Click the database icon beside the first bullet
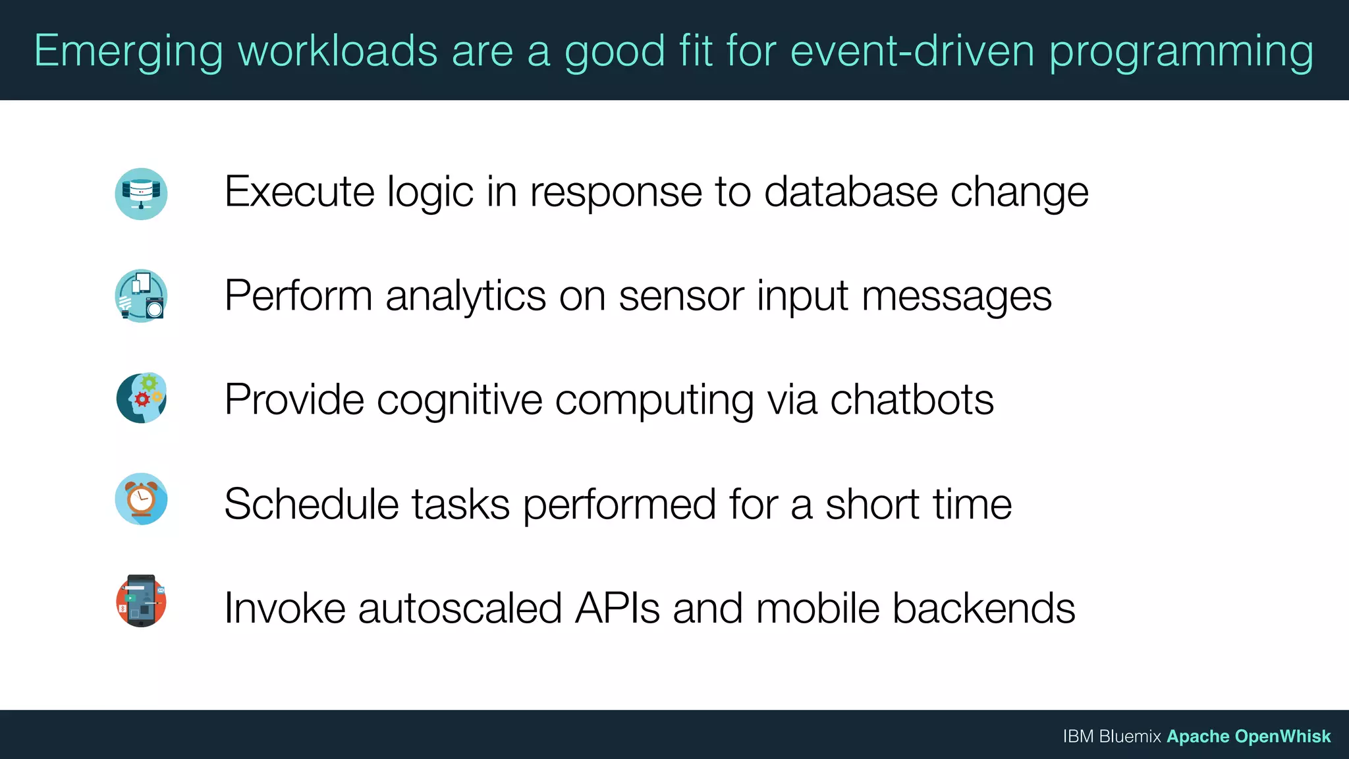(141, 194)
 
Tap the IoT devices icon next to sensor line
(141, 296)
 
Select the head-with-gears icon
(141, 398)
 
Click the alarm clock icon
(141, 499)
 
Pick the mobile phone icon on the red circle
(141, 601)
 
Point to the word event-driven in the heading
(912, 51)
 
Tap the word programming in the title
(1181, 51)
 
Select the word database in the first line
(850, 192)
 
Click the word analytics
(466, 296)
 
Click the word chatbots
(912, 400)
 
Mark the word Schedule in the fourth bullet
(312, 504)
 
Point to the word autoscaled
(460, 608)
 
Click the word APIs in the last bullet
(617, 608)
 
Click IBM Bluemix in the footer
(1111, 737)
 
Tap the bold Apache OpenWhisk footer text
(1249, 737)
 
